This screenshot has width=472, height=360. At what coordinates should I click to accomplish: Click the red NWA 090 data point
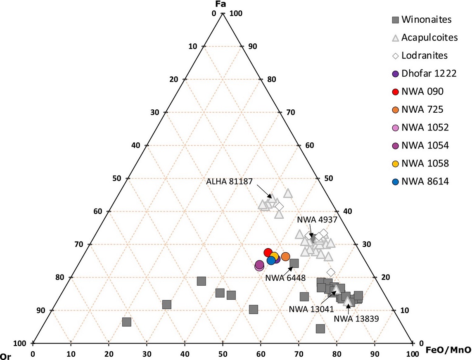point(268,253)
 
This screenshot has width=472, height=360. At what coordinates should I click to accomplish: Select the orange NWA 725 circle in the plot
point(285,257)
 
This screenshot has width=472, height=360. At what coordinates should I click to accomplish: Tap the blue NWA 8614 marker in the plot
point(271,260)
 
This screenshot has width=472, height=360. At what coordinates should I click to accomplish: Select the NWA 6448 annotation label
point(285,278)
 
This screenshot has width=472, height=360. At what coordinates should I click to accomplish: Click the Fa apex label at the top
point(223,4)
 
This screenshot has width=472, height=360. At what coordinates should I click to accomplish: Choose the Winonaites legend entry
point(427,19)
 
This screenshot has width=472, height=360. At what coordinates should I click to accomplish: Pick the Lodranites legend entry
point(425,55)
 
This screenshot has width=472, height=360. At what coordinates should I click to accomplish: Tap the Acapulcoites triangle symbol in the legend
point(395,38)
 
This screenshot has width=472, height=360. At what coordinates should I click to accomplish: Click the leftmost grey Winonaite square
point(127,322)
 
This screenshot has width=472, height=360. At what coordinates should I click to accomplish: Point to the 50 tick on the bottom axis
point(223,354)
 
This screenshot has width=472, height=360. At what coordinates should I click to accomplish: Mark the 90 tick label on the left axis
point(41,310)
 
